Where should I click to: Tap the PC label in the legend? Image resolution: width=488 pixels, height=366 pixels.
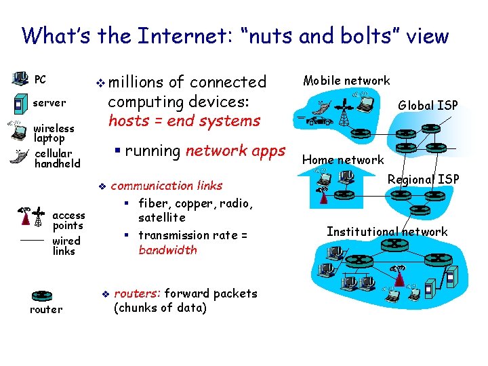(x=40, y=80)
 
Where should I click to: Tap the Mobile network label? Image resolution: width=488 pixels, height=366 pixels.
(x=346, y=81)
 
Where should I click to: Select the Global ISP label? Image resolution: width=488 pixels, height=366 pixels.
(x=428, y=105)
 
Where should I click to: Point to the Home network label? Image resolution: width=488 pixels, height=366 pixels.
(x=343, y=160)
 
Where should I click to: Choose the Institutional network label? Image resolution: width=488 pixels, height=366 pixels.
(x=387, y=232)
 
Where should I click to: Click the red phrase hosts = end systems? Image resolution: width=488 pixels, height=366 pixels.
(x=184, y=121)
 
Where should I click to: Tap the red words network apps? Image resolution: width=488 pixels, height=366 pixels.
(x=235, y=151)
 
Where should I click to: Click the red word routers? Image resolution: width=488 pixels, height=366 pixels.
(x=137, y=293)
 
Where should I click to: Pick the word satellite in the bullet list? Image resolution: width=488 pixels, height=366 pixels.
(x=161, y=218)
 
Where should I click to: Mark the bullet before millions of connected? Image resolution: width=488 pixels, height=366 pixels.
(x=101, y=83)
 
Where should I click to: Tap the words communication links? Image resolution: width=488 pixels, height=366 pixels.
(x=166, y=186)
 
